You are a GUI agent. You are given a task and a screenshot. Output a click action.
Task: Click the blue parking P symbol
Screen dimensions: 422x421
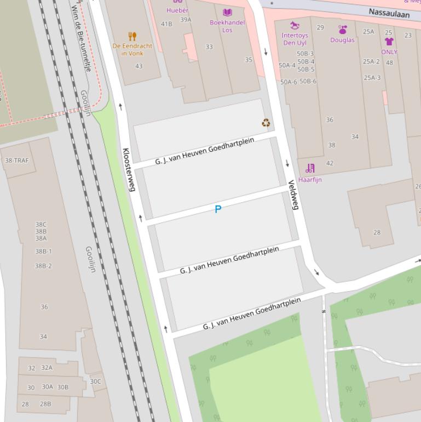click(x=218, y=209)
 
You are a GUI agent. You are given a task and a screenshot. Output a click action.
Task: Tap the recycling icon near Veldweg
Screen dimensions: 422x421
click(x=266, y=123)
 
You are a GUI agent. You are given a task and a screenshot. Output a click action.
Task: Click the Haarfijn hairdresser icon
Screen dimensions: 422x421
click(x=310, y=168)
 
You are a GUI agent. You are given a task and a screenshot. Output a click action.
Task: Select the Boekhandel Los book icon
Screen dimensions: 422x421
click(x=227, y=12)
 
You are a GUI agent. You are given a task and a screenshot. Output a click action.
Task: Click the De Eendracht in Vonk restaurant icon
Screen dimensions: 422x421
click(x=132, y=37)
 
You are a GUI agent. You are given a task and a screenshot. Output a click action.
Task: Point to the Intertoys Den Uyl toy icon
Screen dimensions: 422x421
click(x=295, y=26)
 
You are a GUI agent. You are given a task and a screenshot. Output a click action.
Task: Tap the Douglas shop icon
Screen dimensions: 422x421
click(x=343, y=30)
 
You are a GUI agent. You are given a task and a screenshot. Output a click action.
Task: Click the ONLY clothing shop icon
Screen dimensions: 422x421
click(x=389, y=42)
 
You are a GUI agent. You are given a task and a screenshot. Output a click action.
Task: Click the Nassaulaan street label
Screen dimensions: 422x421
click(x=389, y=13)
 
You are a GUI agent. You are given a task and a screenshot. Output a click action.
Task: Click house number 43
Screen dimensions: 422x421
click(x=139, y=66)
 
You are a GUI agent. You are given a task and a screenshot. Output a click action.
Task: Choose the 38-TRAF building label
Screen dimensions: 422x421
click(x=16, y=161)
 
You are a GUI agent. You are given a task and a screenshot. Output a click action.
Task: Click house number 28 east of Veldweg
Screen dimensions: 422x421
click(x=377, y=232)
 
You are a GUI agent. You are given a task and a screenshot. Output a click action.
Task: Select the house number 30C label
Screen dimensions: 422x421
click(x=95, y=381)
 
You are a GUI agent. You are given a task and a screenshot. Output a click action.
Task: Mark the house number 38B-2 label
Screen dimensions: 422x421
click(x=43, y=266)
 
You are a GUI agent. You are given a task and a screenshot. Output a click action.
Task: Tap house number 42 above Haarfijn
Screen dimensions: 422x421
click(x=330, y=163)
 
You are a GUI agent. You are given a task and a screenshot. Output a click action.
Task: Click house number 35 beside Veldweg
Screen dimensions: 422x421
click(x=249, y=60)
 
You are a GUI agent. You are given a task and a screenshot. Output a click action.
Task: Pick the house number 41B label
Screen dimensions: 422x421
click(x=166, y=24)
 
